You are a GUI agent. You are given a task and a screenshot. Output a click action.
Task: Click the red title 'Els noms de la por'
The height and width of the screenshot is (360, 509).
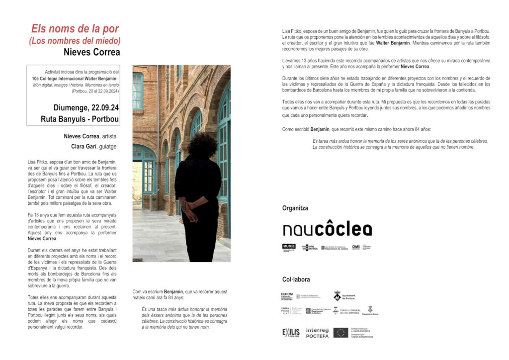pos(75,28)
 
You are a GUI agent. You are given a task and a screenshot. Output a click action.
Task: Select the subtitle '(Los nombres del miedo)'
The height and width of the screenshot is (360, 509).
pos(75,41)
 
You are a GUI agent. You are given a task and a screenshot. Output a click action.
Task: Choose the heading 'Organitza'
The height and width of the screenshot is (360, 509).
pos(295,208)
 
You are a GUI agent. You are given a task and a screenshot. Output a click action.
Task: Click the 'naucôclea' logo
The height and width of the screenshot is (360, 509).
pos(327,229)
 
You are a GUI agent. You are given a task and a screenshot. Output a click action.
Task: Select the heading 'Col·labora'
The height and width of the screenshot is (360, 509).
pos(295,279)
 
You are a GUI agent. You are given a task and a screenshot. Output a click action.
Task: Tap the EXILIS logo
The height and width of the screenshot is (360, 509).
pos(291,332)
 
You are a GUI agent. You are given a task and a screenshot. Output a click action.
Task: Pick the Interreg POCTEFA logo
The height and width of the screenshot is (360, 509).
pos(317,332)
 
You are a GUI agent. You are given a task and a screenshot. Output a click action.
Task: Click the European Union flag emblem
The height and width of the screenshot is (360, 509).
pos(340,332)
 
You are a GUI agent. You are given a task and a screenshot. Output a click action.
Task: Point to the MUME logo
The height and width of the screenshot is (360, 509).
pos(289,247)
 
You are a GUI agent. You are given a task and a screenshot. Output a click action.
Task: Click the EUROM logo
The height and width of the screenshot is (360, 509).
pos(287,296)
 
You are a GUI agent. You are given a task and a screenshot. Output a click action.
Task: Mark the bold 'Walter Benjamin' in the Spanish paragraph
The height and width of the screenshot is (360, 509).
pos(396,43)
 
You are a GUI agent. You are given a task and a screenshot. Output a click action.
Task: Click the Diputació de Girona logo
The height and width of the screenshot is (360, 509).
pos(370,311)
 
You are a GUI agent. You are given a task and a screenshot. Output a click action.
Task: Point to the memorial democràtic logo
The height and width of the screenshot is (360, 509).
pos(309,247)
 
